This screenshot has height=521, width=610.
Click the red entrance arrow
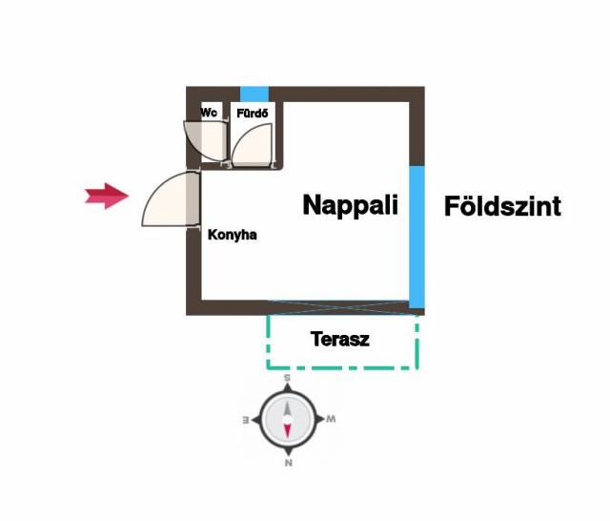(107, 196)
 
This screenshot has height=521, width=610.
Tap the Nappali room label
(350, 205)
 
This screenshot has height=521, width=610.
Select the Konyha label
(233, 235)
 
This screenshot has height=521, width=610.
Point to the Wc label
(209, 113)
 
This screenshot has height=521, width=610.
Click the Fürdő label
(253, 114)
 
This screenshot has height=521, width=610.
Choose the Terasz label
(340, 339)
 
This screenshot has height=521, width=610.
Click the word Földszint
(502, 206)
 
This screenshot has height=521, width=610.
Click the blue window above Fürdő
(254, 94)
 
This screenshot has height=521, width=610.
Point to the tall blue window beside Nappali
(417, 237)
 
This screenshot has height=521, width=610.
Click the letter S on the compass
(287, 378)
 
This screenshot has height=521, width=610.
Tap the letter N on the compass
(288, 463)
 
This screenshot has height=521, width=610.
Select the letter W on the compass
(331, 419)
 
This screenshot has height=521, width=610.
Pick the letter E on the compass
(246, 420)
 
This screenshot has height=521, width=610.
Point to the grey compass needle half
(287, 408)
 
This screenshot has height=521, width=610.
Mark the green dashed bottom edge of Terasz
(342, 367)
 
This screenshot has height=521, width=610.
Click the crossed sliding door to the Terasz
(339, 307)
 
